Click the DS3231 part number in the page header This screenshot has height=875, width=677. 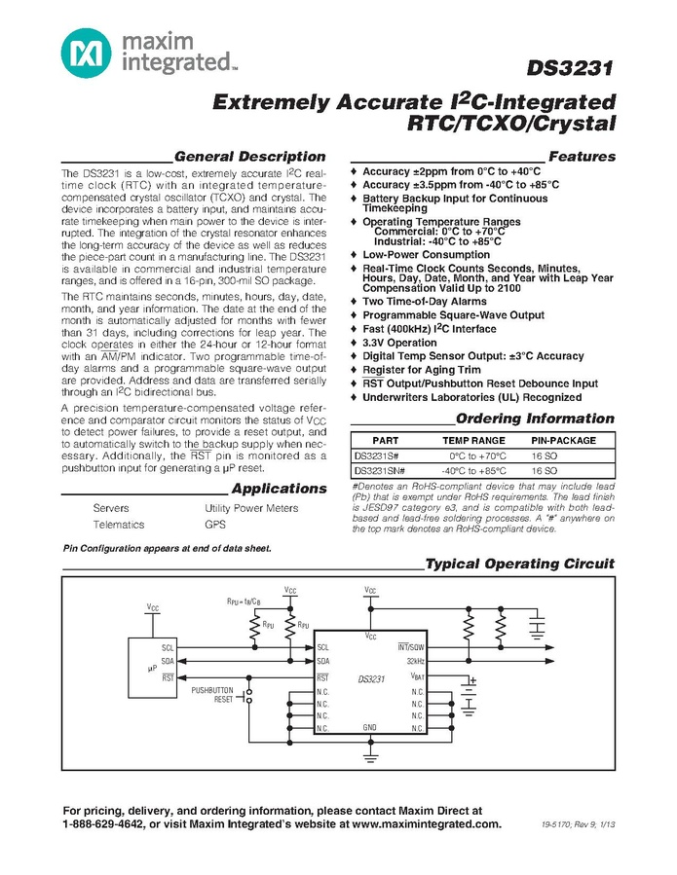coord(571,69)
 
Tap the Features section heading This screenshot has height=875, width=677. coord(582,156)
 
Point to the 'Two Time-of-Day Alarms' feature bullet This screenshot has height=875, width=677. coord(424,302)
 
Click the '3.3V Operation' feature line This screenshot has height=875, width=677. coord(399,343)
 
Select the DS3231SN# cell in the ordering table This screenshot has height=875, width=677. coord(381,470)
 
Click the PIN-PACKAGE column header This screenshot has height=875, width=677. coord(563,441)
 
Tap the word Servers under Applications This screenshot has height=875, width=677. coord(111,508)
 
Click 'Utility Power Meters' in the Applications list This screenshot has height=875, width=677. coord(251,508)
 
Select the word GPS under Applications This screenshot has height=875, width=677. coord(215,525)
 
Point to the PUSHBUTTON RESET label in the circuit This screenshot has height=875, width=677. coord(213,694)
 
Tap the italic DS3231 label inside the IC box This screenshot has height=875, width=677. coord(372,677)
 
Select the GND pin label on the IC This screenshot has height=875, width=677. coord(369,727)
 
